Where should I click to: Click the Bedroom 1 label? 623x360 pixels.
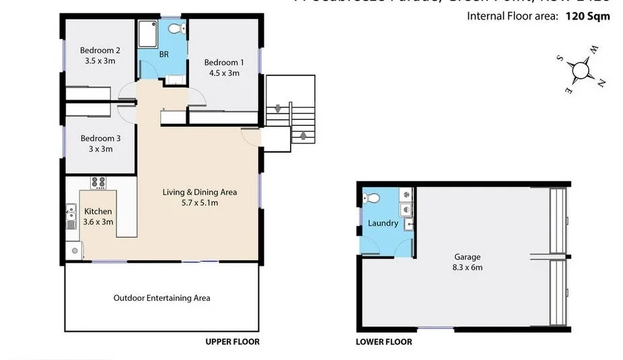pos(224,63)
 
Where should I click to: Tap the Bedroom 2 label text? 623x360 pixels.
pos(100,50)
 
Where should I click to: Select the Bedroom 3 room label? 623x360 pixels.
pos(100,139)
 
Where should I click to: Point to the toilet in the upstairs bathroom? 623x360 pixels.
pos(176,29)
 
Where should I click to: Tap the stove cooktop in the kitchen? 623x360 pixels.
pos(98,182)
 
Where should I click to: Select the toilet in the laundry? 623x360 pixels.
pos(370,197)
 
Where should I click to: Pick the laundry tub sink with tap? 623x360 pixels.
pos(407,225)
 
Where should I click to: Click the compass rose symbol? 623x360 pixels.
pos(580,69)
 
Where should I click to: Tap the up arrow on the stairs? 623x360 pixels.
pos(303,136)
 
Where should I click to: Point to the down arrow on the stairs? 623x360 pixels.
pos(278,109)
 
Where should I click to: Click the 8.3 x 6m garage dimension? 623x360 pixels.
pos(468,267)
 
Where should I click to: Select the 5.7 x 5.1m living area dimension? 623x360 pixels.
pos(200,202)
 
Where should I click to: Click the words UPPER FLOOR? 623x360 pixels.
pos(232,342)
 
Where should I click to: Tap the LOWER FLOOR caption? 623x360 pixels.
pos(383,342)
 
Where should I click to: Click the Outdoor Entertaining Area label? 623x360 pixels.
pos(161,298)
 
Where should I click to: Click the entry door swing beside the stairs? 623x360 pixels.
pos(250,137)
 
